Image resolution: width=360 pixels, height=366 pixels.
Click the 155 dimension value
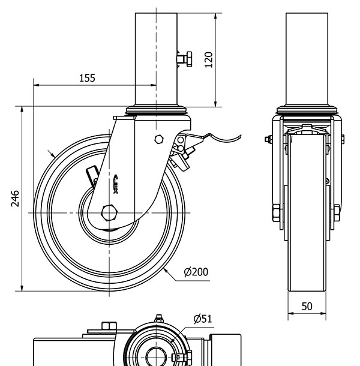click(87, 77)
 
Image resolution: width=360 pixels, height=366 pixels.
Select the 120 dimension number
click(208, 59)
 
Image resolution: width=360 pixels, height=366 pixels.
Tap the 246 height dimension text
click(15, 199)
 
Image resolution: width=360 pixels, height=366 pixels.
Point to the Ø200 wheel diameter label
click(196, 272)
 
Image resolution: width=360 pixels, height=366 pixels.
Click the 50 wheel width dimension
click(307, 306)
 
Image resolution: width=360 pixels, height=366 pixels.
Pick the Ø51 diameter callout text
click(203, 319)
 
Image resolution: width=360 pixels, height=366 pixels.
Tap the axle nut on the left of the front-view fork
click(275, 212)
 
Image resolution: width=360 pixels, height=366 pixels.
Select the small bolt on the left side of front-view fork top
click(268, 140)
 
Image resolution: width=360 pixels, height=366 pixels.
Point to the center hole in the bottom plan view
click(156, 354)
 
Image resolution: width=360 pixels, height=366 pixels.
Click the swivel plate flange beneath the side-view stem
click(157, 111)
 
